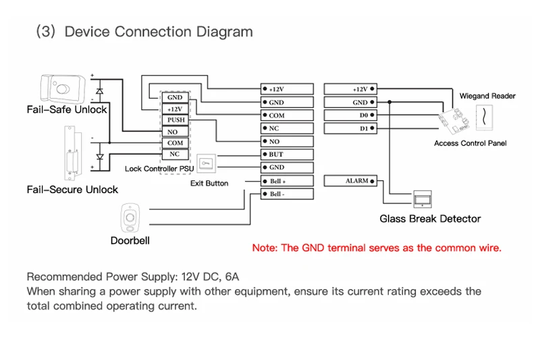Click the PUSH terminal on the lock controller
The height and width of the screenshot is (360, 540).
pos(175,120)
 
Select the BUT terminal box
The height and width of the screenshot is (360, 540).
pos(287,154)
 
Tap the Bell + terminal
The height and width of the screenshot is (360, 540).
pos(287,181)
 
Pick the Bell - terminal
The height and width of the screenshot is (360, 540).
pos(287,194)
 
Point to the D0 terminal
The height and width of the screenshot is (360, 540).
pos(350,115)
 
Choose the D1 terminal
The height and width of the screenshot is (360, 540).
pos(350,128)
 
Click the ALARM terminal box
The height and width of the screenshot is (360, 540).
pos(350,181)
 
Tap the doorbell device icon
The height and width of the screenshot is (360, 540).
pos(130,217)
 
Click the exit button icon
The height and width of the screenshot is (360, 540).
pos(208,162)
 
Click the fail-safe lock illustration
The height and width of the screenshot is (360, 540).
pos(62,88)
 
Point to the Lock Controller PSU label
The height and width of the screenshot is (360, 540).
pos(159,169)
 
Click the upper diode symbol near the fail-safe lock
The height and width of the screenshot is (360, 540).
pos(100,88)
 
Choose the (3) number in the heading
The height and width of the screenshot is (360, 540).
pos(45,32)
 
